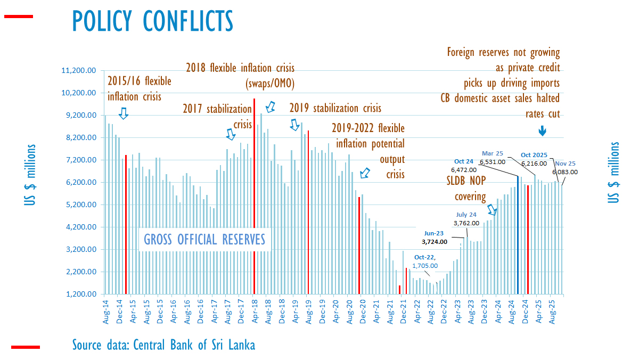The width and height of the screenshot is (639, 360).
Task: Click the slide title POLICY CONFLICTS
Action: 152,21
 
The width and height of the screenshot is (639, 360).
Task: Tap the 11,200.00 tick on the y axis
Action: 79,70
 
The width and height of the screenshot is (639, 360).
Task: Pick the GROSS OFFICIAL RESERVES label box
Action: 204,240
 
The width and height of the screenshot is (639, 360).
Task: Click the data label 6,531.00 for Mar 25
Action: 492,162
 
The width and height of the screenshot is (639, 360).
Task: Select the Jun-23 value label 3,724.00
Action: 434,241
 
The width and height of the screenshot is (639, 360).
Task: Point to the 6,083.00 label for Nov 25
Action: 565,172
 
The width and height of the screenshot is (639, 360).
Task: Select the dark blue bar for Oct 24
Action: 518,235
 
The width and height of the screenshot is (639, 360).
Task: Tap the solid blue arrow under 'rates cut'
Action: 542,130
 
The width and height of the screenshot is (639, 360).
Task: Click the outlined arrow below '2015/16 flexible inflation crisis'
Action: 124,113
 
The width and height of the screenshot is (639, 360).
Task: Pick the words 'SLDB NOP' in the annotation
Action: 466,181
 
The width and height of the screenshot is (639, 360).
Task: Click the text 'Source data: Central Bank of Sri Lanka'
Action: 163,345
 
